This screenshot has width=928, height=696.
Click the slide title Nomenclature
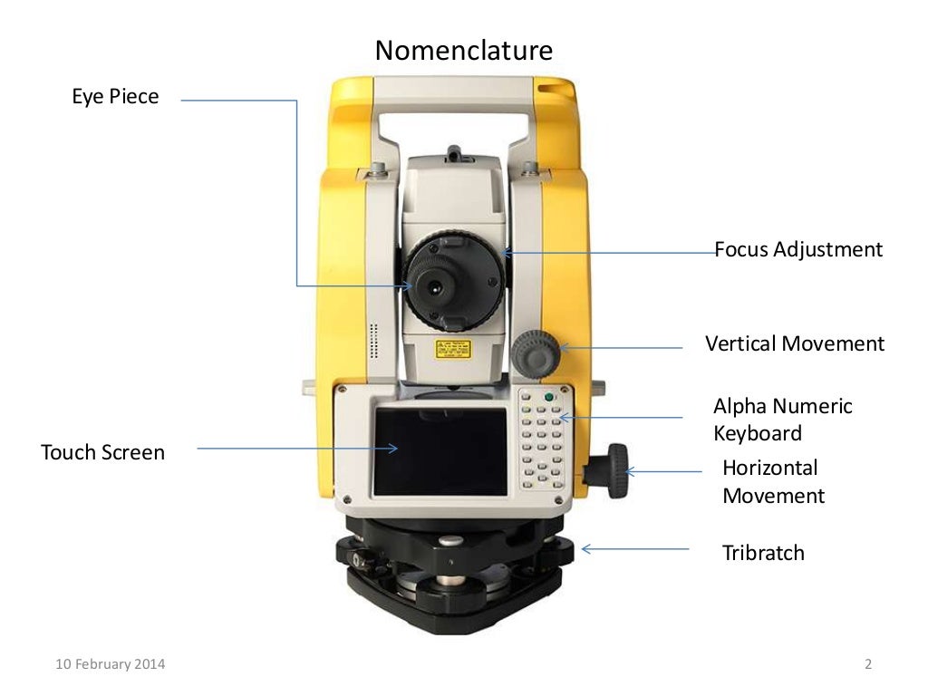click(463, 50)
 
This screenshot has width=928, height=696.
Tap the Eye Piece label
click(115, 96)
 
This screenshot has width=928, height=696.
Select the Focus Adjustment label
click(797, 249)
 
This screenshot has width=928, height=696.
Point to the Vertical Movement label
click(794, 343)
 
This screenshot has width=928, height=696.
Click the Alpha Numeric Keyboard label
click(782, 419)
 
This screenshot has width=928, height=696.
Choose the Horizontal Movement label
click(773, 481)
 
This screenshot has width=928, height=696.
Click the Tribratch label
click(762, 552)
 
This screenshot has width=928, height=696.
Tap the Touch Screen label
click(102, 451)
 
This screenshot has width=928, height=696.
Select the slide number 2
click(867, 665)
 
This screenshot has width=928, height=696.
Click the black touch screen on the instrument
click(440, 451)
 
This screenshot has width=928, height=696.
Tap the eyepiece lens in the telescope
click(437, 285)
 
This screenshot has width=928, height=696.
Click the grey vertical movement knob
click(534, 353)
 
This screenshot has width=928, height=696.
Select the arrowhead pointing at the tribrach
click(586, 548)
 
